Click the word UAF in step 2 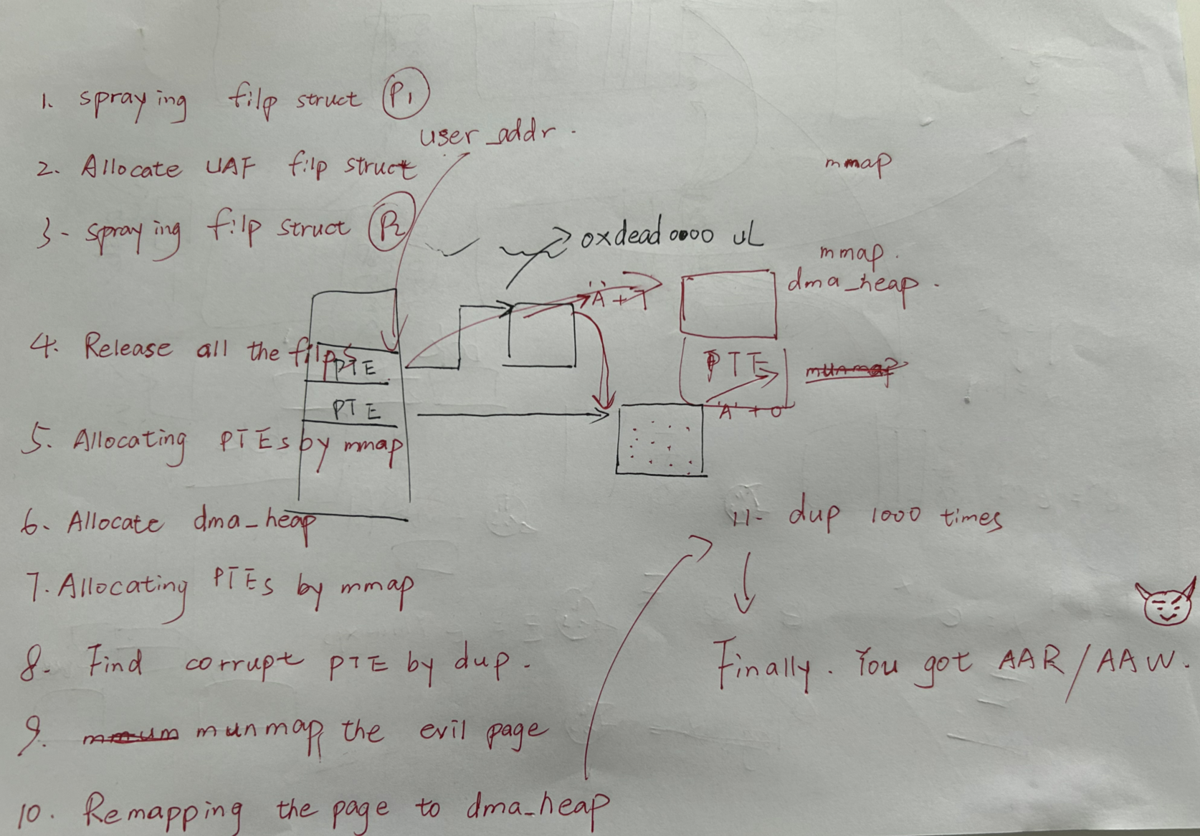(229, 168)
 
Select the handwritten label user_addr (488, 134)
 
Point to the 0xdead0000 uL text (670, 234)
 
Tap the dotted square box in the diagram (660, 440)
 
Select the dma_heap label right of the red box (853, 284)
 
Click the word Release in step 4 (128, 348)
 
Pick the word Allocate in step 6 (115, 522)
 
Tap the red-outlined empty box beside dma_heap (728, 304)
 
